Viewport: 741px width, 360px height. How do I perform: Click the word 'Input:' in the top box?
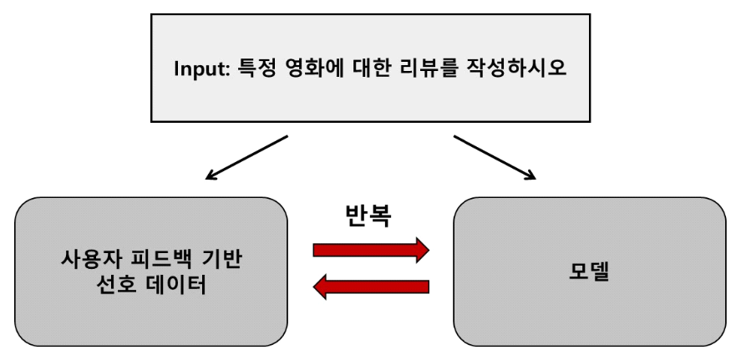click(x=202, y=68)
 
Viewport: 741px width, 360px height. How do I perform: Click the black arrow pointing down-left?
click(x=246, y=158)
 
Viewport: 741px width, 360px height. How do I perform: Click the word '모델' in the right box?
click(x=590, y=272)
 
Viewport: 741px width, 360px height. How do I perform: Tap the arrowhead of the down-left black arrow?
click(x=212, y=176)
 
